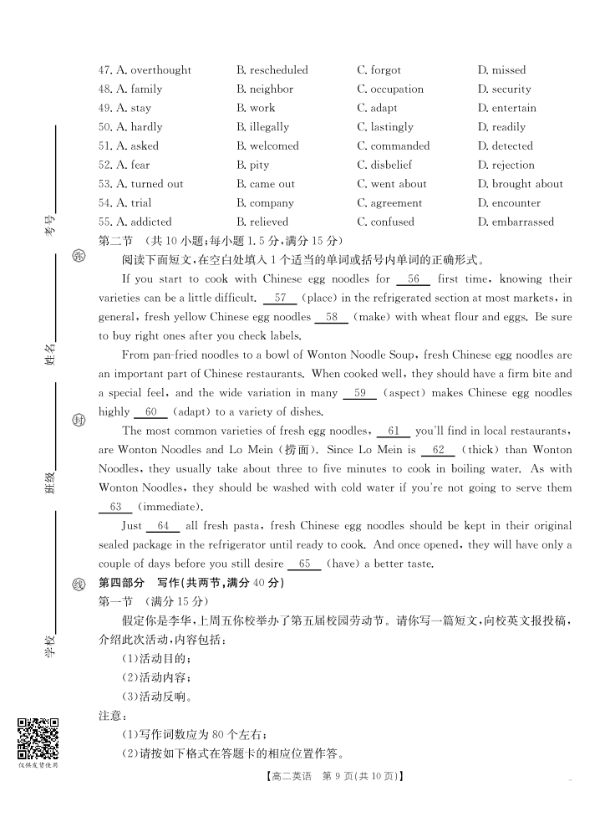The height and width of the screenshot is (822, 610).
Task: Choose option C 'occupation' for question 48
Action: [x=390, y=89]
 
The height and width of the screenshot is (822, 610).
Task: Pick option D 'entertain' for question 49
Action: [x=507, y=109]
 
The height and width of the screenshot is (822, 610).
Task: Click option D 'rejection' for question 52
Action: [x=506, y=166]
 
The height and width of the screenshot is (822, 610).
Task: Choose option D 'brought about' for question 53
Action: [x=520, y=184]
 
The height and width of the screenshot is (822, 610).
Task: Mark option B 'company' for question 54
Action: [x=265, y=203]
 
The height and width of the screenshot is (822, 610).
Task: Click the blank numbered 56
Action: [x=414, y=279]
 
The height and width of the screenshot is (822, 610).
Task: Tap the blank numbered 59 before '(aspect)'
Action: [x=360, y=393]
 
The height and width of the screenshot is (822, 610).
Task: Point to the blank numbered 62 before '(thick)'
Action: [x=438, y=450]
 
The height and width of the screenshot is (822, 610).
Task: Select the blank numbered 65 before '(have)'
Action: [x=304, y=564]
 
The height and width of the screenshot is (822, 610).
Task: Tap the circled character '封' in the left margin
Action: [x=79, y=420]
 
